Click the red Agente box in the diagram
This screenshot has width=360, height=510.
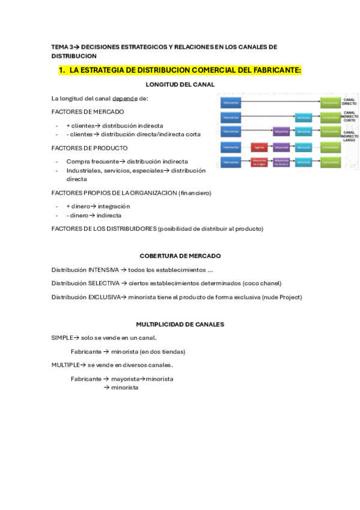click(x=259, y=147)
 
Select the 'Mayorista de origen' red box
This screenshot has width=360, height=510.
click(x=259, y=162)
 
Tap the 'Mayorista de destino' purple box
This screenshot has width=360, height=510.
click(x=281, y=162)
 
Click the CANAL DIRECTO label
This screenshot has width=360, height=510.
click(x=349, y=102)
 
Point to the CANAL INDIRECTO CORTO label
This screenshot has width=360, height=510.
click(x=349, y=116)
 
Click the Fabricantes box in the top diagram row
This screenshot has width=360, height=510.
click(x=231, y=102)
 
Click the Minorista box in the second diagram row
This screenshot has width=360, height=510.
click(x=304, y=117)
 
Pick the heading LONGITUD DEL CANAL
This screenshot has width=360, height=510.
click(x=180, y=84)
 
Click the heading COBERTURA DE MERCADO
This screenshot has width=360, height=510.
click(x=180, y=256)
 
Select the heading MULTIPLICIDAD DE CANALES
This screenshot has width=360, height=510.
click(x=180, y=324)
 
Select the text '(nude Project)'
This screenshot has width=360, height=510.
click(x=282, y=297)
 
